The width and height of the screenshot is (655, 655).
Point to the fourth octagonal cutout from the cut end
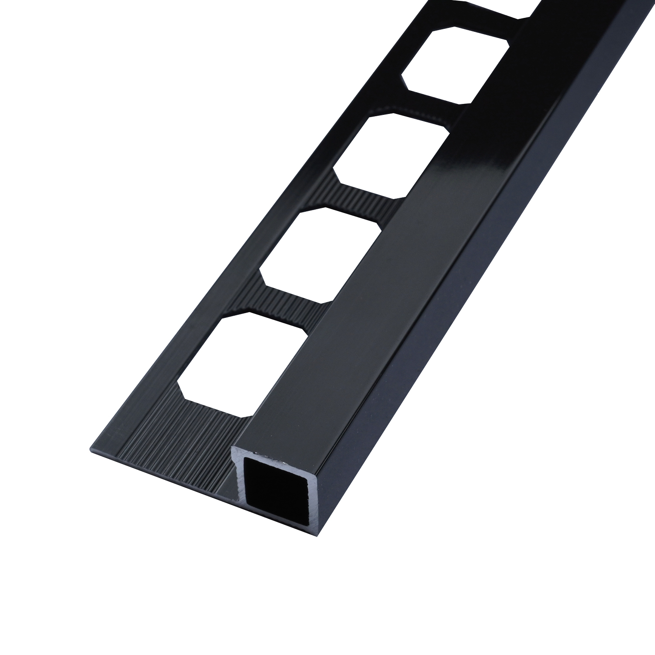(454, 65)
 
